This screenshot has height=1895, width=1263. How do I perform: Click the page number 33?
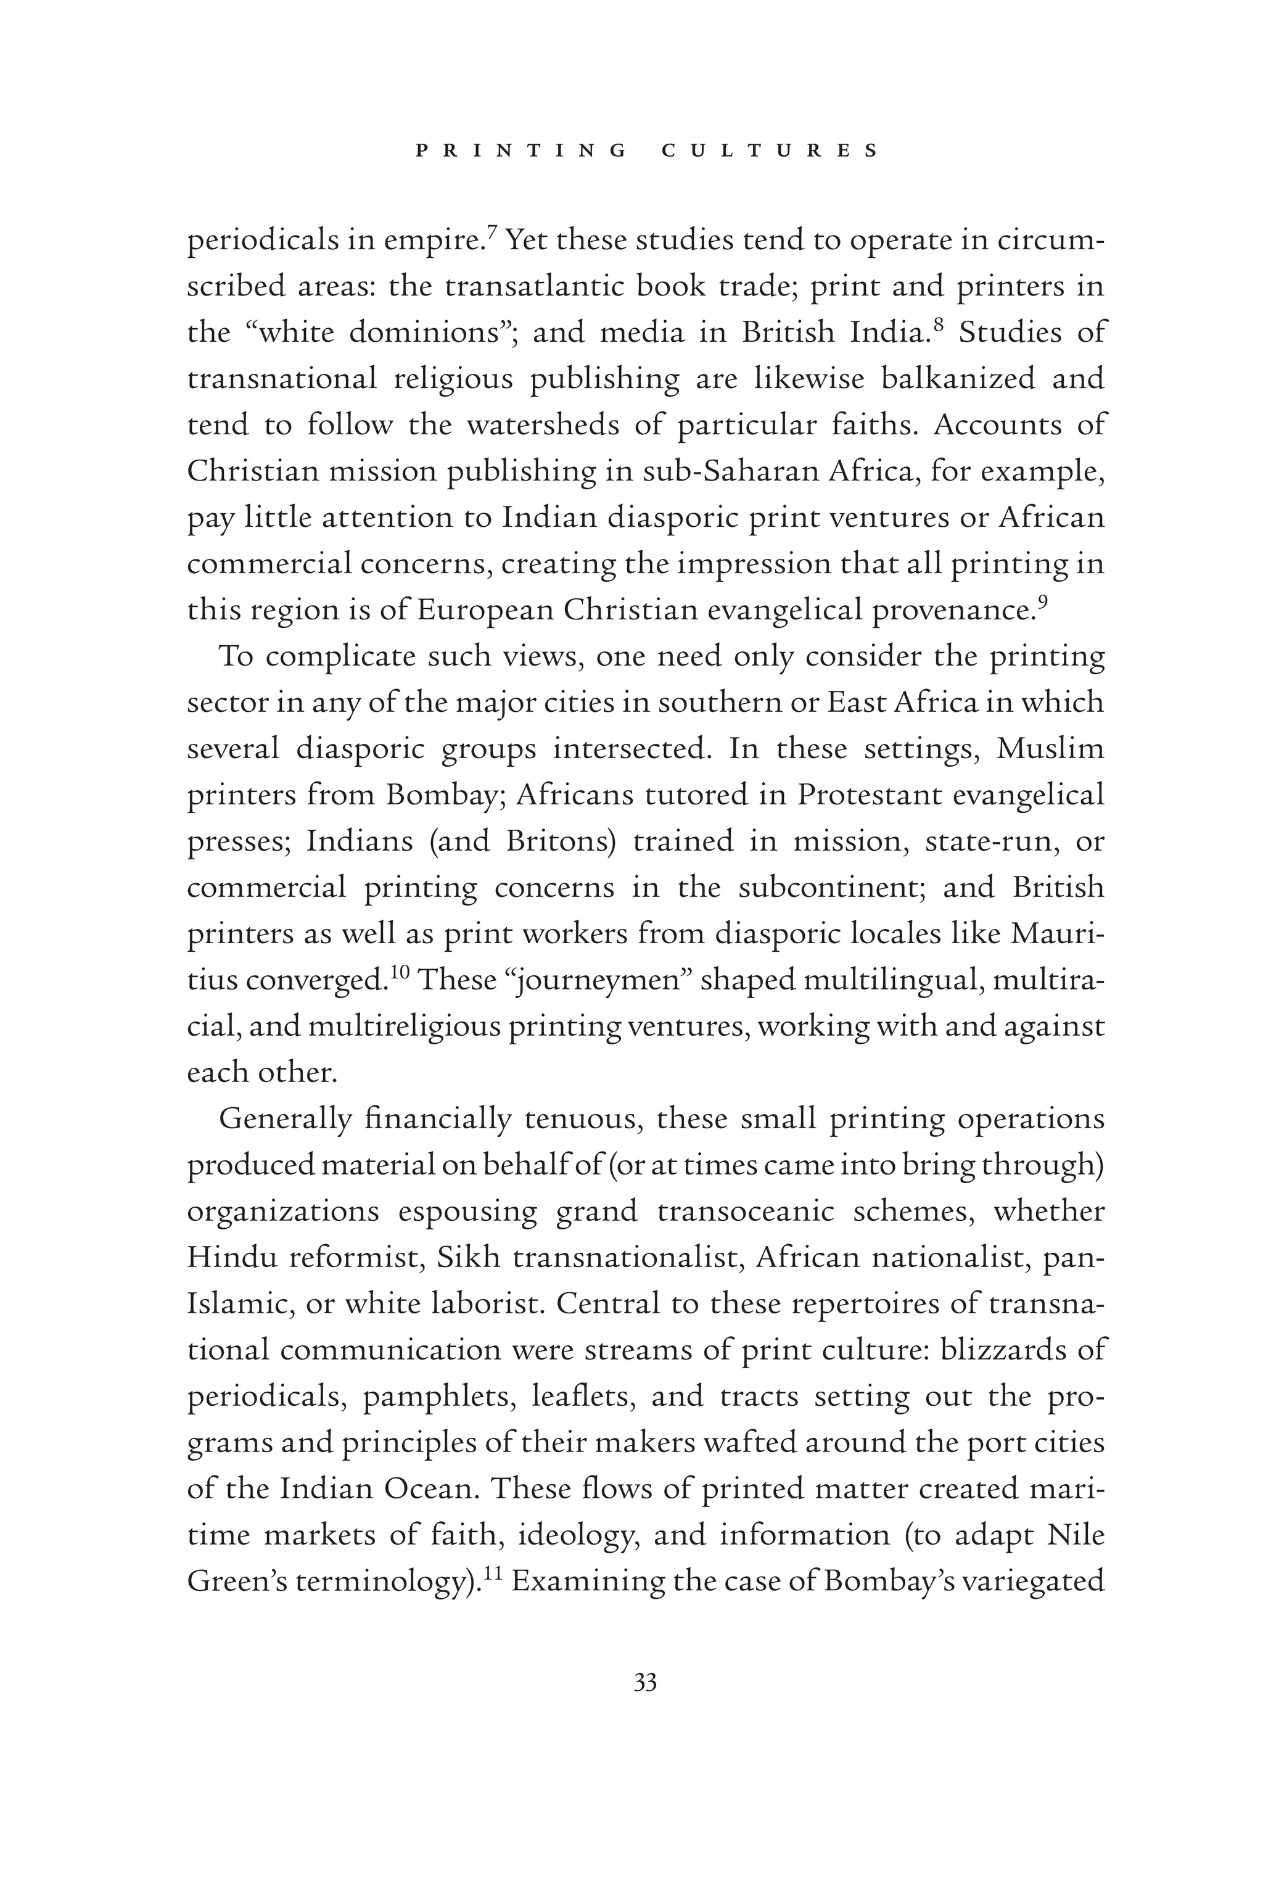coord(645,1683)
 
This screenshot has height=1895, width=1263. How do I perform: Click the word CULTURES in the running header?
coord(769,151)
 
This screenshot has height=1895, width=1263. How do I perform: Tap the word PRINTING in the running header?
coord(521,151)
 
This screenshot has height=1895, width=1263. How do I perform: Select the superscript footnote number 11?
coord(492,1572)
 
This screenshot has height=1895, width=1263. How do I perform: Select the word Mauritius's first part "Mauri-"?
coord(1057,933)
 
